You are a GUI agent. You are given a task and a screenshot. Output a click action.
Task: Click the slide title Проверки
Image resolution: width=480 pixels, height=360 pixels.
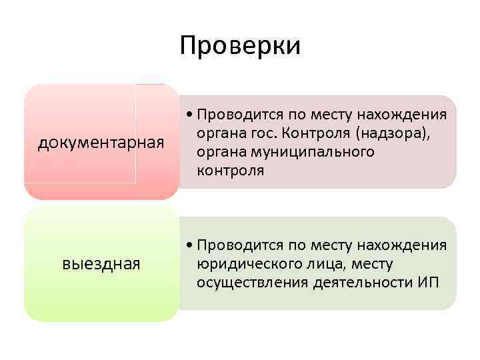pos(240,46)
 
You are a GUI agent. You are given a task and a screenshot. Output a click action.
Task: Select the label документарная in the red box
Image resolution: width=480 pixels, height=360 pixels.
pos(101,143)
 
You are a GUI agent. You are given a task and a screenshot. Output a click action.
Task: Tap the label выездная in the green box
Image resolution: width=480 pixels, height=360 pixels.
pos(101,264)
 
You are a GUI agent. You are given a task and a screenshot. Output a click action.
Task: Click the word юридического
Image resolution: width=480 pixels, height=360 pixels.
pos(247,264)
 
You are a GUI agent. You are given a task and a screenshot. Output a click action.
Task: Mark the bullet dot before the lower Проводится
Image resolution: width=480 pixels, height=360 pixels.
pos(191,245)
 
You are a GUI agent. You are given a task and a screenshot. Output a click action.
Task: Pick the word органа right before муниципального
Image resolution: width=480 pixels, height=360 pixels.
pos(222,152)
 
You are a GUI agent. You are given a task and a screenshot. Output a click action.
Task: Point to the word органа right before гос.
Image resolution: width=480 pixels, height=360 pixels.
pos(222,133)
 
